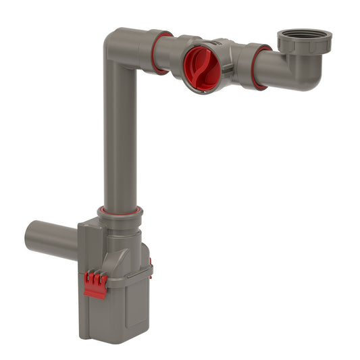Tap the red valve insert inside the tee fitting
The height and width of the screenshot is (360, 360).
[x=201, y=68]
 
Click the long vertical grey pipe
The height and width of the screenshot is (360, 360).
[x=120, y=135]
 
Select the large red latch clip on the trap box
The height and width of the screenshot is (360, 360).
[x=95, y=284]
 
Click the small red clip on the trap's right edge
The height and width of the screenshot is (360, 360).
[x=150, y=263]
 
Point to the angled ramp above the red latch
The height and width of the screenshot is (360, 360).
[x=101, y=263]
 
